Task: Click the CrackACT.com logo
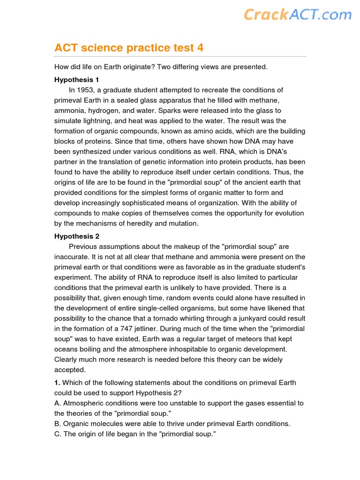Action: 297,15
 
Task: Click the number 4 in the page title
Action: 200,48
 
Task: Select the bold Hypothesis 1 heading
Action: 77,80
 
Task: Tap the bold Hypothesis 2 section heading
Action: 77,236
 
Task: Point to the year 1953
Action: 85,90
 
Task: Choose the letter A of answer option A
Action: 57,403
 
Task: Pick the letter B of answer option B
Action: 57,424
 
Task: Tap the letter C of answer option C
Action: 57,434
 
